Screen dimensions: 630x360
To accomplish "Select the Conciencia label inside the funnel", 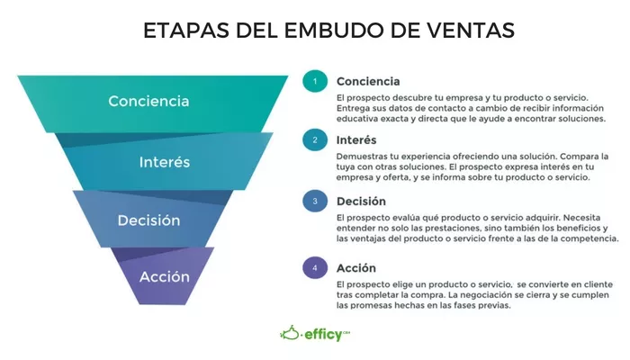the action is [x=148, y=101].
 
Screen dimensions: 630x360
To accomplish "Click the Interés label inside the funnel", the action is [x=165, y=162].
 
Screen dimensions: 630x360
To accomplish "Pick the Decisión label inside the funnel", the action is [x=148, y=220].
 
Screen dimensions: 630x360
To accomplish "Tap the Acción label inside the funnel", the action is [x=165, y=276].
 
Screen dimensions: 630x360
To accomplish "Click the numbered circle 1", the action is [x=315, y=81].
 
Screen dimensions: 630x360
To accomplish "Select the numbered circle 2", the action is [x=315, y=139].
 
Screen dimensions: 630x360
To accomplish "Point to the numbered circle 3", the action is [x=315, y=201].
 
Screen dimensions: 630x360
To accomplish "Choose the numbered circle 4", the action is [x=315, y=267].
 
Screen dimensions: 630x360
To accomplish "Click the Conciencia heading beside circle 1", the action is [x=368, y=82].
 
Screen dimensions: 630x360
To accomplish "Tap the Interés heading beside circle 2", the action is [x=356, y=139].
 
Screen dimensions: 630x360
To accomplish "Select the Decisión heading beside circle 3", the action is [x=361, y=201].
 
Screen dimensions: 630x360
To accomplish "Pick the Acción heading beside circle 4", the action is [x=356, y=268].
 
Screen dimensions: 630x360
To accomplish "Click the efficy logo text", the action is [x=323, y=335].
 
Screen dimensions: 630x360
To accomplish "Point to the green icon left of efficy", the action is [x=290, y=333].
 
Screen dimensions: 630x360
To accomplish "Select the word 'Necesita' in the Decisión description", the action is [x=581, y=218].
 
